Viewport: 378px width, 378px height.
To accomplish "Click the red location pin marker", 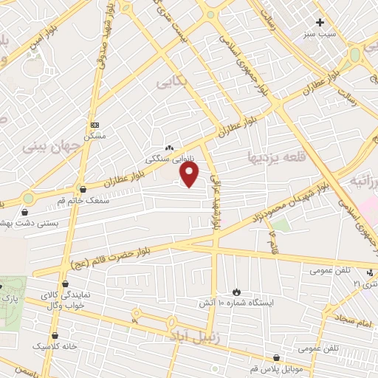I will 190,175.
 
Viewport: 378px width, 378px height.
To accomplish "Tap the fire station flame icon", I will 236,292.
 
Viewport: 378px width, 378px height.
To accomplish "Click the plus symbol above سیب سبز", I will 320,22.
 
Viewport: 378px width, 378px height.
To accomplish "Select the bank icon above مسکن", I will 94,125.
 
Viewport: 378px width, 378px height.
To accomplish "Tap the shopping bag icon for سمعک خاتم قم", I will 82,189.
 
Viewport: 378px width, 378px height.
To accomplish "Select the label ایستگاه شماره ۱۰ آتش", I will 236,303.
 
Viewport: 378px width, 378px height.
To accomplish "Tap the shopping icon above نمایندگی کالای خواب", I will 65,284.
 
